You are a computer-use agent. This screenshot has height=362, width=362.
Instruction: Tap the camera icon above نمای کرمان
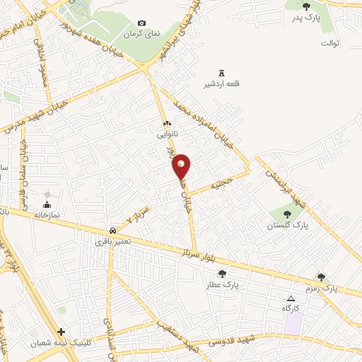[x=141, y=23]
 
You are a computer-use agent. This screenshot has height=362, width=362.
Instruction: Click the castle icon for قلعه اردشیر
[x=222, y=73]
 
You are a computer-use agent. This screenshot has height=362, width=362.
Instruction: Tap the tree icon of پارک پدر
[x=305, y=6]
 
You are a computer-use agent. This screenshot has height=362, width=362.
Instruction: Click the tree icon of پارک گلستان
[x=287, y=213]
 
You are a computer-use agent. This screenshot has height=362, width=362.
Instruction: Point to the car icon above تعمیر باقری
[x=113, y=231]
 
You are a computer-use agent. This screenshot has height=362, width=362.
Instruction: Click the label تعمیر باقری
[x=113, y=242]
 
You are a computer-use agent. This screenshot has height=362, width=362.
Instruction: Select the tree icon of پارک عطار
[x=223, y=274]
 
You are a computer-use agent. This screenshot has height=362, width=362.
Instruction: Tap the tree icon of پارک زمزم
[x=322, y=278]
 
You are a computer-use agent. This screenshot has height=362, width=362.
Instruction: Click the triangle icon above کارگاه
[x=291, y=298]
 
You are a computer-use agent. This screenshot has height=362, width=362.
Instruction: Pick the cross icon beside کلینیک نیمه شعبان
[x=62, y=332]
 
